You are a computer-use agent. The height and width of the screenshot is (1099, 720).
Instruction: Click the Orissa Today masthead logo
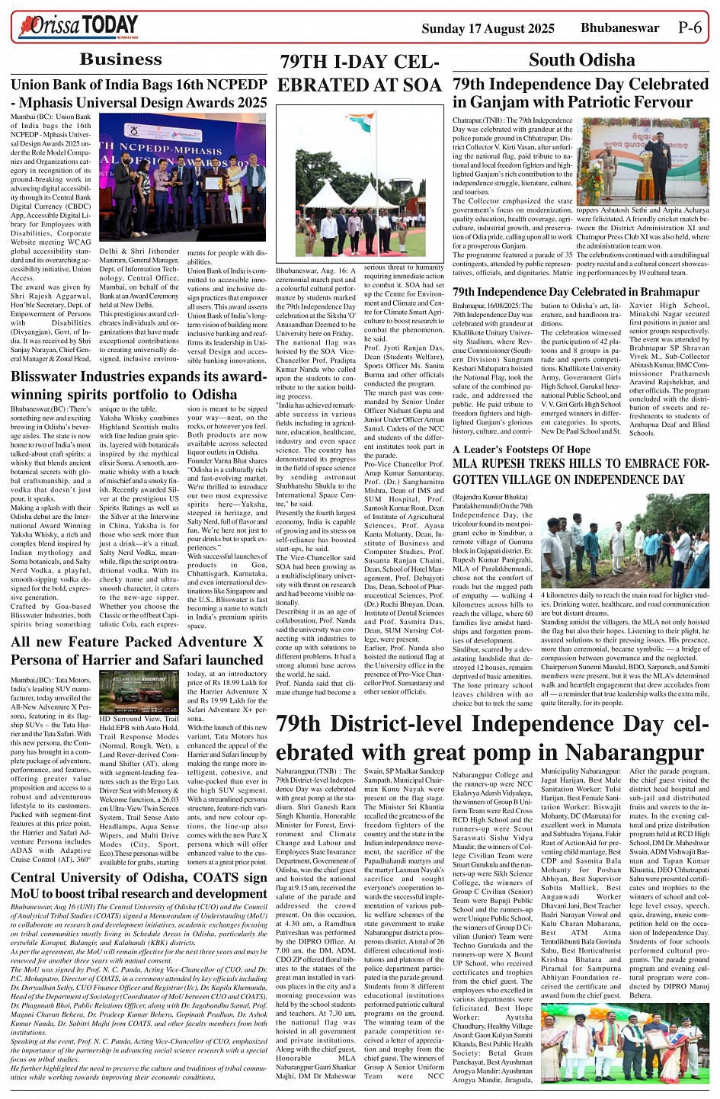[79, 26]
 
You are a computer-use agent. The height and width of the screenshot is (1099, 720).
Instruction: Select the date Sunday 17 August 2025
[488, 29]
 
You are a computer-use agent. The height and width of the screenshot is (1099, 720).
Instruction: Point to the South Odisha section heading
[581, 60]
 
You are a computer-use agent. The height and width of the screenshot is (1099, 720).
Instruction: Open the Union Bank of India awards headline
[139, 93]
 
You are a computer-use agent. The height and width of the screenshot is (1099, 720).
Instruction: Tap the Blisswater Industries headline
[139, 386]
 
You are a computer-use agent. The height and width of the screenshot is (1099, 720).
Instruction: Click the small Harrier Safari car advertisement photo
[139, 692]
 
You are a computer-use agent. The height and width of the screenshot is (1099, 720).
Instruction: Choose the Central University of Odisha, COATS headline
[139, 885]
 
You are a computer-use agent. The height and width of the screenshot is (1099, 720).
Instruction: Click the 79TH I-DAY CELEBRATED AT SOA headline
[360, 74]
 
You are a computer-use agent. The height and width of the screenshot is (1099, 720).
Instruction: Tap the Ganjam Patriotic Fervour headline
[581, 93]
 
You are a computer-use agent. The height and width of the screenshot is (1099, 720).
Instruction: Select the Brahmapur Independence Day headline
[565, 292]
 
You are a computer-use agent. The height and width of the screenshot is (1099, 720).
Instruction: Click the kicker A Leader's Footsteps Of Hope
[521, 449]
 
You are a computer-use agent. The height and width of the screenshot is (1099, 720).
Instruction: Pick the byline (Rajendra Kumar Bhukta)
[494, 497]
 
